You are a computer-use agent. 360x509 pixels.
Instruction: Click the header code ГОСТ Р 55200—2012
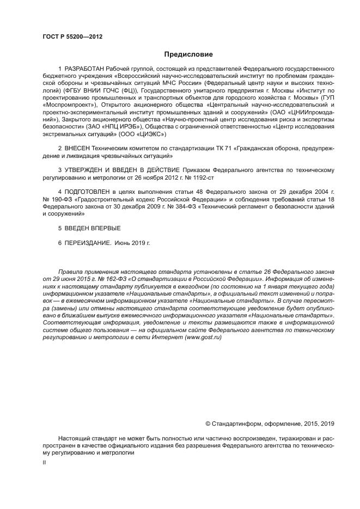point(72,36)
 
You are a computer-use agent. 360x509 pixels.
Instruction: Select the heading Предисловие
point(188,54)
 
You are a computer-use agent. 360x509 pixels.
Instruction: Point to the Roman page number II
point(44,463)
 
